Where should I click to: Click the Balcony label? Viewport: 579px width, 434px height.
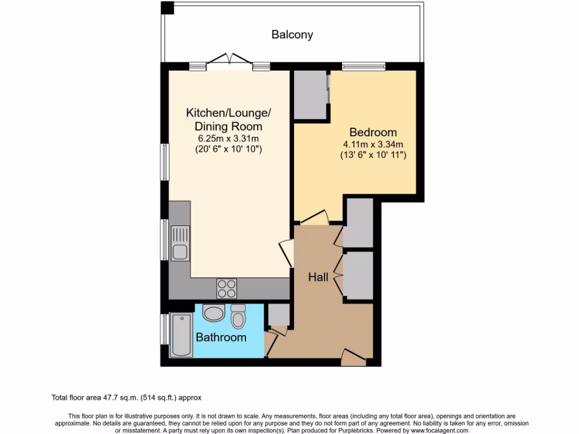tap(292, 34)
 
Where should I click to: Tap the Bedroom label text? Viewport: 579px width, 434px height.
tap(373, 132)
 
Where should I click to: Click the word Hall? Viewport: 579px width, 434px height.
tap(318, 277)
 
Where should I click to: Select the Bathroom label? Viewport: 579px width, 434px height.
tap(221, 337)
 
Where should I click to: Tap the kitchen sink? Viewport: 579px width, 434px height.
tap(180, 243)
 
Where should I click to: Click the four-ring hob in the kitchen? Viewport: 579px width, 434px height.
tap(227, 288)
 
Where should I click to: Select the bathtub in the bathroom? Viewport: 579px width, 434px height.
tap(182, 335)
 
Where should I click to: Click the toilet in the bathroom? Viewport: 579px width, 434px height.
tap(238, 316)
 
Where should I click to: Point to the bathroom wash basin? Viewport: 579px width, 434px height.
tap(214, 313)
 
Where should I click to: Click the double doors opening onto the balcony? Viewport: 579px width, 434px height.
tap(229, 61)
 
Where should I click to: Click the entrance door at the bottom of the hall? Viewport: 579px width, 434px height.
tap(353, 356)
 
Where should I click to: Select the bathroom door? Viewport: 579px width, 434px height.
tap(271, 341)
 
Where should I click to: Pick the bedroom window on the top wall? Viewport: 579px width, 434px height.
tap(364, 67)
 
